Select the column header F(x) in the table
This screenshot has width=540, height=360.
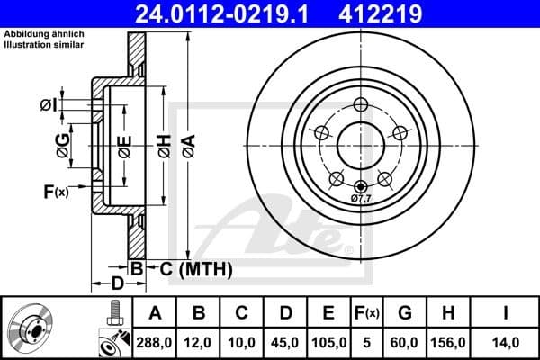[x=369, y=312]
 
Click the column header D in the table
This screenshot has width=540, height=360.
[x=284, y=312]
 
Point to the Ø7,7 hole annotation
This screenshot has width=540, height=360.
[x=361, y=196]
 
